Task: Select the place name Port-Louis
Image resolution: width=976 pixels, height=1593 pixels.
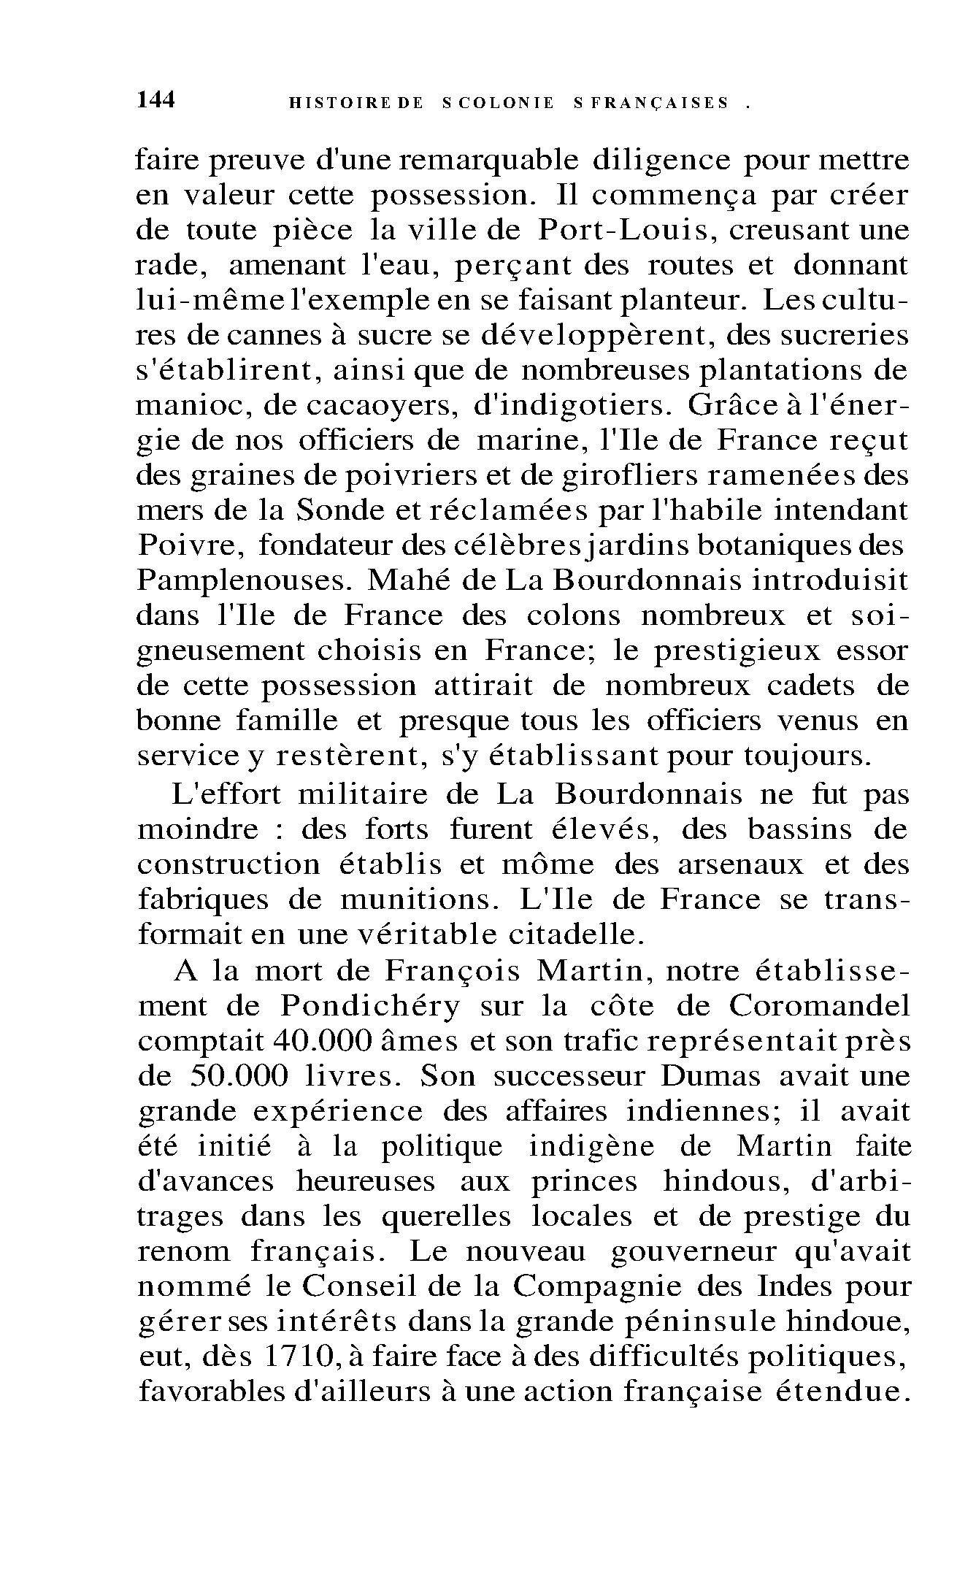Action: [x=622, y=230]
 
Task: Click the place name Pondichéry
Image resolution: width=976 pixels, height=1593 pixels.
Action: [x=370, y=1007]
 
